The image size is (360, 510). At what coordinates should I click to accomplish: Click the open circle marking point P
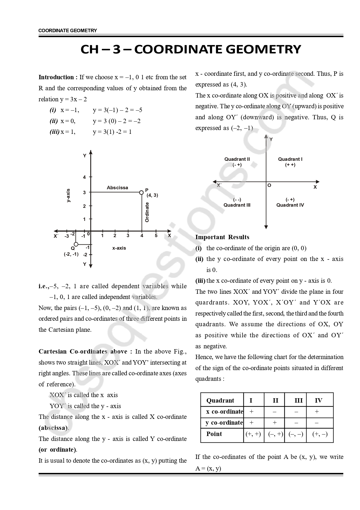tap(141, 192)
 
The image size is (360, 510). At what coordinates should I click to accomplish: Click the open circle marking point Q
tap(76, 244)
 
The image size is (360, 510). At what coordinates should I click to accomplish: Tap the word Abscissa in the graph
tap(117, 188)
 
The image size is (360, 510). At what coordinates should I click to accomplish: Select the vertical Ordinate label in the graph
tap(147, 212)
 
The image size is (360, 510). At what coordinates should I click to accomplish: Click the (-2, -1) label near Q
tap(71, 254)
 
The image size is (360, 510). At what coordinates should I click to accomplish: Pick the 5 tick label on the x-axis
tap(156, 235)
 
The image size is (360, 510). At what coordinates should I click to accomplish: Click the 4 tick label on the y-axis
tap(84, 177)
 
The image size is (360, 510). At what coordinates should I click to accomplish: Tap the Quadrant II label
tap(237, 159)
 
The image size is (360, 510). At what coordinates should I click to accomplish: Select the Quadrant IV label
tap(290, 205)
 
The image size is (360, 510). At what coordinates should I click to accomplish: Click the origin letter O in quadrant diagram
tap(269, 185)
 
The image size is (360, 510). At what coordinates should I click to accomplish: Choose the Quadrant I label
tap(290, 159)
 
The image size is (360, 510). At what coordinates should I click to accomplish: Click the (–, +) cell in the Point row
tap(274, 434)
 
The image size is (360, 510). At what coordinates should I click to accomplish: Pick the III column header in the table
tap(298, 401)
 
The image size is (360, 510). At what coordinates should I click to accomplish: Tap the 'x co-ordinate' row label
tap(224, 412)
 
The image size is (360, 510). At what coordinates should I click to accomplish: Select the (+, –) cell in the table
tap(320, 434)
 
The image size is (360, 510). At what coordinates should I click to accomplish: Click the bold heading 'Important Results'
tap(222, 237)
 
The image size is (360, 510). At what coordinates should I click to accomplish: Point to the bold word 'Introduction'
tap(56, 77)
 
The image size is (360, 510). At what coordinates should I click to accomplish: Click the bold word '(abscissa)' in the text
tap(53, 428)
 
